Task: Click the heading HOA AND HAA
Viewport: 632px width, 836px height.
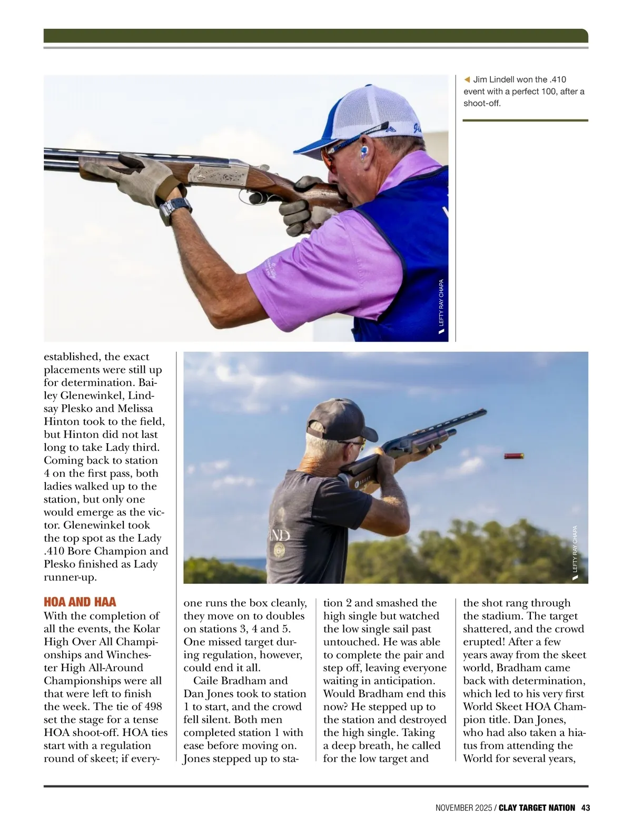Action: (x=80, y=602)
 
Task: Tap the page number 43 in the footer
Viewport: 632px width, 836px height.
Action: (x=585, y=808)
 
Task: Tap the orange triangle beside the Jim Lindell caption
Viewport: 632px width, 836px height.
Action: (x=467, y=79)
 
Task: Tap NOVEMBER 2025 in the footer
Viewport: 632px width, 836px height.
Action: (x=463, y=808)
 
